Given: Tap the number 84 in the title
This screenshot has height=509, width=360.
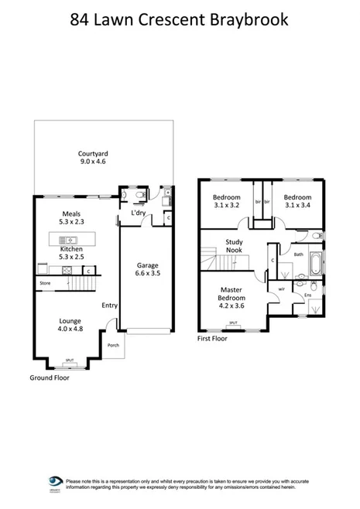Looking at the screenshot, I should click(x=81, y=19).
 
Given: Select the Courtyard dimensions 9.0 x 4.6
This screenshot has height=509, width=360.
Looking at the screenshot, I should click(x=92, y=162).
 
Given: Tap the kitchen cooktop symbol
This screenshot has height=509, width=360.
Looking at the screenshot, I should click(x=67, y=270).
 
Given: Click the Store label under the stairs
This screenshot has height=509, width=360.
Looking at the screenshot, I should click(x=46, y=284).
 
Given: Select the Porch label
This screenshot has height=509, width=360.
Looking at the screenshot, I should click(x=113, y=345).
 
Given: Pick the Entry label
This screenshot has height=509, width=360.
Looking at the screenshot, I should click(x=109, y=306).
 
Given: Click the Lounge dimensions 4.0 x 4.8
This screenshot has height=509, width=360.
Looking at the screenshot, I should click(x=70, y=327).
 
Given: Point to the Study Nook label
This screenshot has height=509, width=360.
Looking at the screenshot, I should click(x=235, y=245).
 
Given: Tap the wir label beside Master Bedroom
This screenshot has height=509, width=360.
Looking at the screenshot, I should click(x=279, y=289).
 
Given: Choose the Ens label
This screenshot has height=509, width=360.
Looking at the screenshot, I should click(x=307, y=295).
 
